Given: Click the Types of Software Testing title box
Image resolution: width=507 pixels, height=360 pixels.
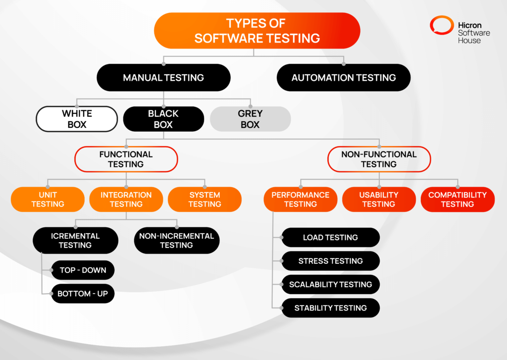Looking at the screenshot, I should coord(257,31).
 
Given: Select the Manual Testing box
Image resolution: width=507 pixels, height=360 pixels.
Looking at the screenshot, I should coord(163,78).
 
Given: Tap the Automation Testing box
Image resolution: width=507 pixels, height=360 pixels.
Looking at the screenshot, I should coord(344,78).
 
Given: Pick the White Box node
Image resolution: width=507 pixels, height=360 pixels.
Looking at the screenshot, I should coord(77,119).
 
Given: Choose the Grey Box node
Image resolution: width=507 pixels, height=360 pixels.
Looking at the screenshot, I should coord(250,119).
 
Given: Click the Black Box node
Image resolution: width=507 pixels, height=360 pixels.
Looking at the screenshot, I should coord(163,119).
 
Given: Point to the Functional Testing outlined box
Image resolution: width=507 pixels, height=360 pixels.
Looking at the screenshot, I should coord(126,159).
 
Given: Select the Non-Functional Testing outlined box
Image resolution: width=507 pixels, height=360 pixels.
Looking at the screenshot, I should coord(379,159).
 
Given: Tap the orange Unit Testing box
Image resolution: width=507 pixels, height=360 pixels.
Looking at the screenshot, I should coord(48,199).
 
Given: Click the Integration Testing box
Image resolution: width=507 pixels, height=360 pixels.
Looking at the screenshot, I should coord(126,199).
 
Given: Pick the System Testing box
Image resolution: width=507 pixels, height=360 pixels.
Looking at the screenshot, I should coord(204,199).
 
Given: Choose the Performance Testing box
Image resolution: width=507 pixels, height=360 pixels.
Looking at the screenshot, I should coord(301,199).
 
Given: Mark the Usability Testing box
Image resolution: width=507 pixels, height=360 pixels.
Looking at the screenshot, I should coord(379,199).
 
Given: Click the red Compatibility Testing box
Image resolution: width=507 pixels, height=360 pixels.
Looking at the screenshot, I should coord(457,199).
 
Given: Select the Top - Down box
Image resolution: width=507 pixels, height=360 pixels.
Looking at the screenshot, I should coord(82,270).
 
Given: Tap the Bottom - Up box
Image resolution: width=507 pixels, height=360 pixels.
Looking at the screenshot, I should coord(82,294).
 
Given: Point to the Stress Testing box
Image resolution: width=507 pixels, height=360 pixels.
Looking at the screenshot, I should coord(330,261).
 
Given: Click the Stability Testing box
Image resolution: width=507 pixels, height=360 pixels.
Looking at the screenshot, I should coord(330,308).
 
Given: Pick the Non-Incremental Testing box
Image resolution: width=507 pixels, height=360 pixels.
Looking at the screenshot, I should coord(176,240).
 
